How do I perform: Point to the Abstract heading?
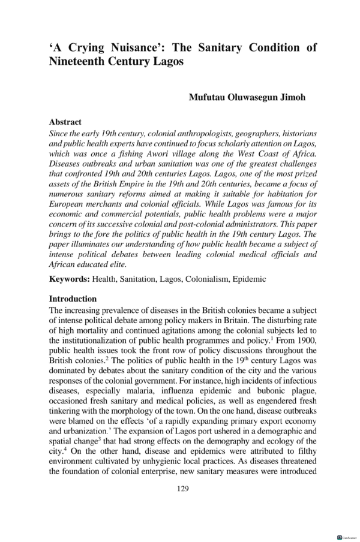(x=65, y=122)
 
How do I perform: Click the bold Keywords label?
(x=69, y=279)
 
